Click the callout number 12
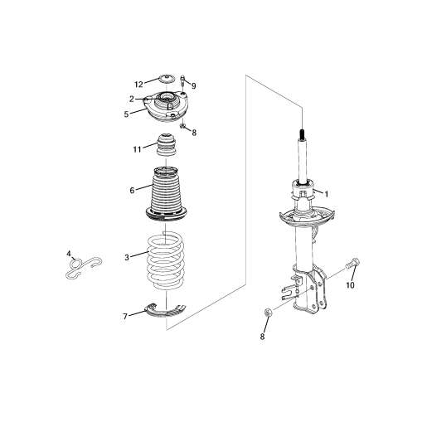point(138,85)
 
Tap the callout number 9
point(193,86)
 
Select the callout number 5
point(126,114)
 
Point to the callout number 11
point(137,149)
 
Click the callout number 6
point(132,190)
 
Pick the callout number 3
point(127,258)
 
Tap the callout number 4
point(69,253)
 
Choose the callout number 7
point(125,317)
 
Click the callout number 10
point(350,285)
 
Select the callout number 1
point(327,194)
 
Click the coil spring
point(165,260)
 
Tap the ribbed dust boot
point(166,193)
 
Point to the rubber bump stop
point(166,145)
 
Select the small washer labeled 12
point(167,80)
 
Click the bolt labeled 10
point(353,263)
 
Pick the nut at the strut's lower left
point(268,312)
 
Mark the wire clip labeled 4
point(84,268)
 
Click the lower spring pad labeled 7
point(166,310)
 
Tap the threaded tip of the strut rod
point(303,134)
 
